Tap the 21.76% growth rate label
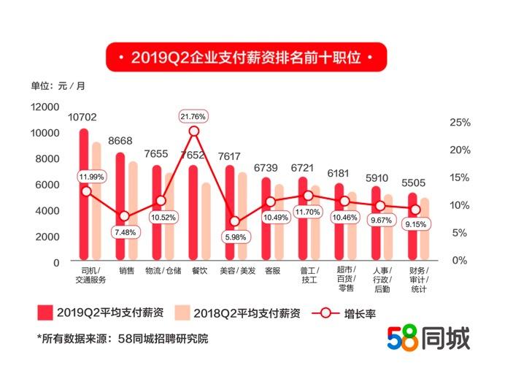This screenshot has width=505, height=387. (193, 116)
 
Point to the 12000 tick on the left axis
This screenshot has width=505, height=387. (45, 107)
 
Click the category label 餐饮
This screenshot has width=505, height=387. (199, 271)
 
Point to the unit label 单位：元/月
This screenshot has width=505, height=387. (58, 86)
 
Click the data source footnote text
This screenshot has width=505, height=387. (122, 339)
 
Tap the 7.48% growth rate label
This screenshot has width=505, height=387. (124, 232)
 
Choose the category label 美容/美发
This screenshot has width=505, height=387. (237, 271)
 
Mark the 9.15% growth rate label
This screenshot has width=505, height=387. (417, 225)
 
